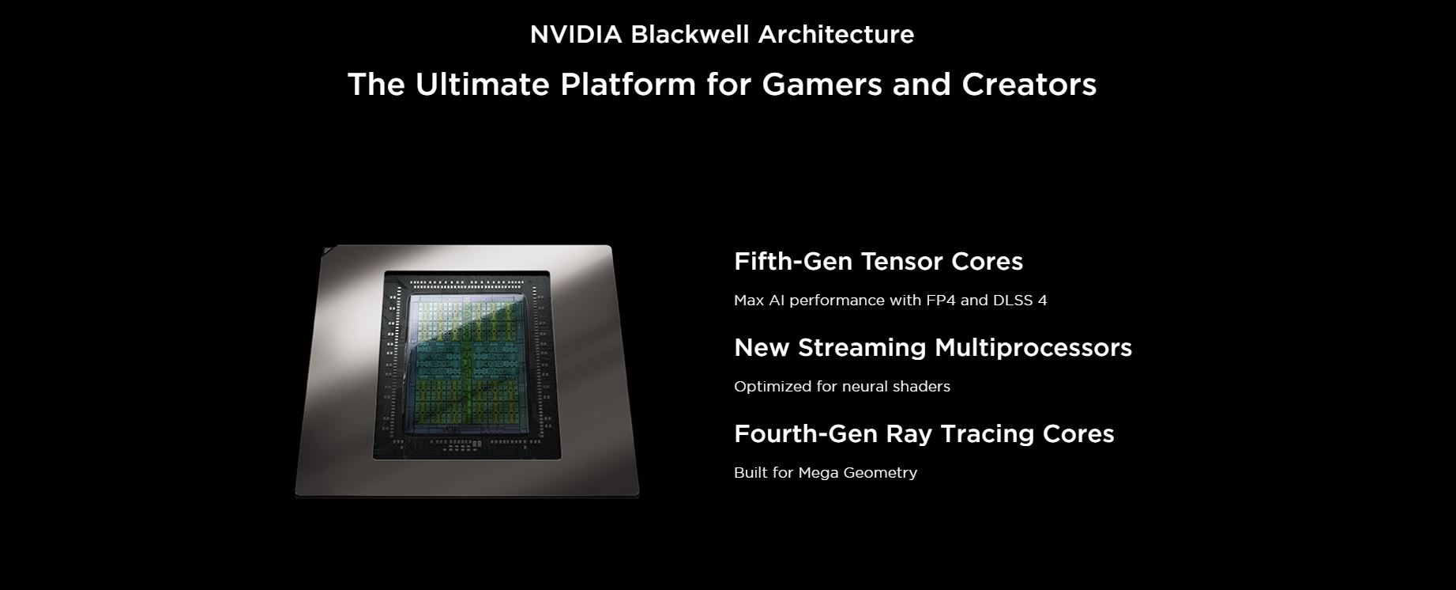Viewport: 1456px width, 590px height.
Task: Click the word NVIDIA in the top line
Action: [576, 34]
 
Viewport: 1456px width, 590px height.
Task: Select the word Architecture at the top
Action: [836, 34]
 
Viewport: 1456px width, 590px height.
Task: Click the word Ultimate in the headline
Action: [483, 84]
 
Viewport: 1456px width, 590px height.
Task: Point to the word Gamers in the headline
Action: [822, 84]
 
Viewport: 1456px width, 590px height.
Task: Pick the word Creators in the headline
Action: [1029, 84]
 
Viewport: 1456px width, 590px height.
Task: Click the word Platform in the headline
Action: [628, 84]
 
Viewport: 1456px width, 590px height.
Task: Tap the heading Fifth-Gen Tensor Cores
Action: [878, 261]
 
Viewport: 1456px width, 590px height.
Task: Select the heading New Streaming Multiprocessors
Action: [933, 347]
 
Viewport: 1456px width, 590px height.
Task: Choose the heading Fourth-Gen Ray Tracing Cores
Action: [924, 433]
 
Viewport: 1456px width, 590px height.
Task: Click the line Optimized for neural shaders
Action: [842, 387]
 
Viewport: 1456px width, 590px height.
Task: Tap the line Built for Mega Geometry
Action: [826, 473]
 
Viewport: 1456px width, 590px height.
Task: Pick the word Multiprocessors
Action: [1033, 348]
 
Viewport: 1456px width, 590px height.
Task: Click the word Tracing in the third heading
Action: [988, 434]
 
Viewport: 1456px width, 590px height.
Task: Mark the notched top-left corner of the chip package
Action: [324, 250]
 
